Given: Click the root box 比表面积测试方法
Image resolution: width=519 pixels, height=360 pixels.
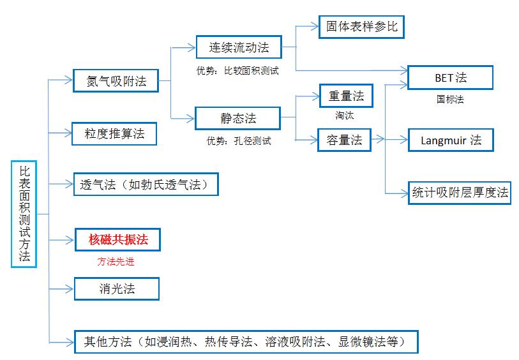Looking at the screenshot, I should (x=24, y=214).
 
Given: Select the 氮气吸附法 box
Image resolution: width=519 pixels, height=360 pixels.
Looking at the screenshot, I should (x=116, y=80).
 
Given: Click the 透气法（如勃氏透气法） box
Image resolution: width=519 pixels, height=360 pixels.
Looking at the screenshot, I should (x=146, y=184).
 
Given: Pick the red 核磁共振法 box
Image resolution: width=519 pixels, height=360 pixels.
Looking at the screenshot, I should (x=118, y=240).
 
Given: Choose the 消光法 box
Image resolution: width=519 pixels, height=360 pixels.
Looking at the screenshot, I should (x=117, y=289).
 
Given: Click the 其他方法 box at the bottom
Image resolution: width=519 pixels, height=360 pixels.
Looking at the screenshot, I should (x=246, y=341).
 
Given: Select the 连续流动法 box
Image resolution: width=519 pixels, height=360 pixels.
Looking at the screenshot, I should (x=239, y=47).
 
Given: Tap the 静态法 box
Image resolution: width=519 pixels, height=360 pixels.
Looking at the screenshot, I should (x=237, y=117).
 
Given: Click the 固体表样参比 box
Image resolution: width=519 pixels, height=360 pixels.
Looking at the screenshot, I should (x=361, y=27).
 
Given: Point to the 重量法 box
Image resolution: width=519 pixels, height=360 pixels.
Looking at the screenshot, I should (x=345, y=96).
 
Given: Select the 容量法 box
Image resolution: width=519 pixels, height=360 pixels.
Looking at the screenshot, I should (x=345, y=140).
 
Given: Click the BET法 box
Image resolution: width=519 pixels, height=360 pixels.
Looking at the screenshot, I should (x=450, y=78).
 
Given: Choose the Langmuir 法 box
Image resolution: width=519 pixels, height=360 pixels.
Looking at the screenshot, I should (x=451, y=140).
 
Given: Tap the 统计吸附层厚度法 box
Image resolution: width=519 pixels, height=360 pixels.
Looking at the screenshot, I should (x=460, y=192).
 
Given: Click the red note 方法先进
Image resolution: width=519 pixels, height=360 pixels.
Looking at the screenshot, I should (x=116, y=261).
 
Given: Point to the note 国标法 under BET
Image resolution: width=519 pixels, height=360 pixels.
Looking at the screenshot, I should (x=450, y=99).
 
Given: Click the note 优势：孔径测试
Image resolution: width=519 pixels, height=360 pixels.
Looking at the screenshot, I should (x=239, y=141).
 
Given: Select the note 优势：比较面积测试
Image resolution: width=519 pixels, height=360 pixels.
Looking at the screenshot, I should (x=237, y=70).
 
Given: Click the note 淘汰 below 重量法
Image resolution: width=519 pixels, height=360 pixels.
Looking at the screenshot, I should (x=345, y=116).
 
